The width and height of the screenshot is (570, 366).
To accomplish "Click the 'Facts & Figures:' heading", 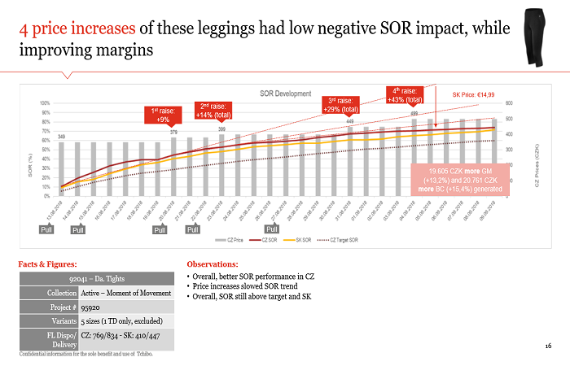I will point(50,264).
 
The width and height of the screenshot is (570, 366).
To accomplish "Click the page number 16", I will point(548,347).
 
